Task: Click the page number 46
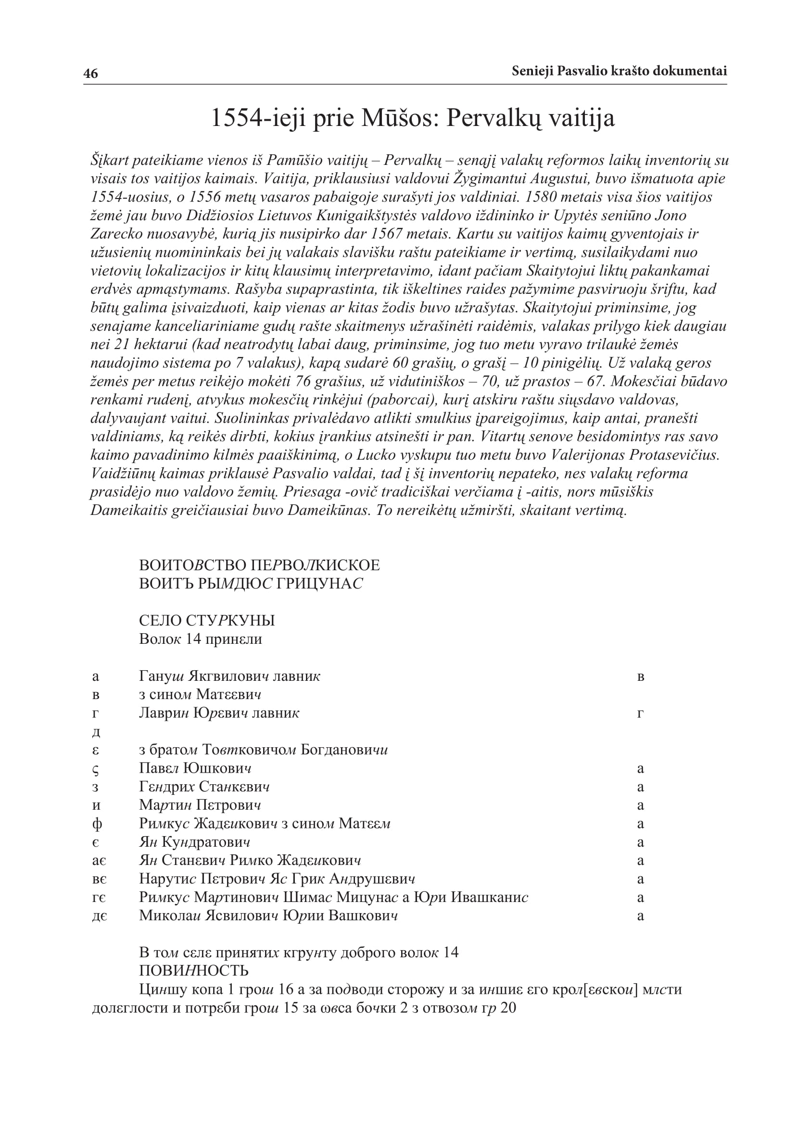coord(90,74)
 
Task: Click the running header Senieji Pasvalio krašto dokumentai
coord(619,71)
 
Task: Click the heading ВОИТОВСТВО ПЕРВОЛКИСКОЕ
coord(259,565)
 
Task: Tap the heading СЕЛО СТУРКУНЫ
coord(207,620)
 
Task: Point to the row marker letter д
coord(96,732)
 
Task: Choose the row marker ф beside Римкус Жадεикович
coord(97,824)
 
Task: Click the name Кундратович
coord(206,842)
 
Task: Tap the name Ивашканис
coord(489,897)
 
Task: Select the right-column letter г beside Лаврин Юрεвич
coord(640,713)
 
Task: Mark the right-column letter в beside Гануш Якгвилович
coord(641,677)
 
